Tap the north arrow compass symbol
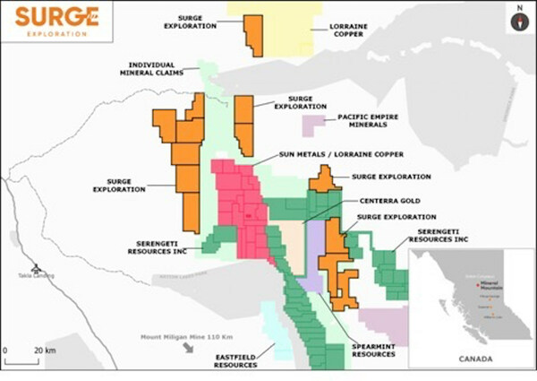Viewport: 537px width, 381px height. pyautogui.click(x=516, y=22)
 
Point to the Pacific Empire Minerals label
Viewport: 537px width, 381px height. pyautogui.click(x=375, y=122)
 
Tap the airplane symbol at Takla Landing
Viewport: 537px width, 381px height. pyautogui.click(x=35, y=268)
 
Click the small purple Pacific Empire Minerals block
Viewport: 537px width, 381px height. pyautogui.click(x=314, y=126)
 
